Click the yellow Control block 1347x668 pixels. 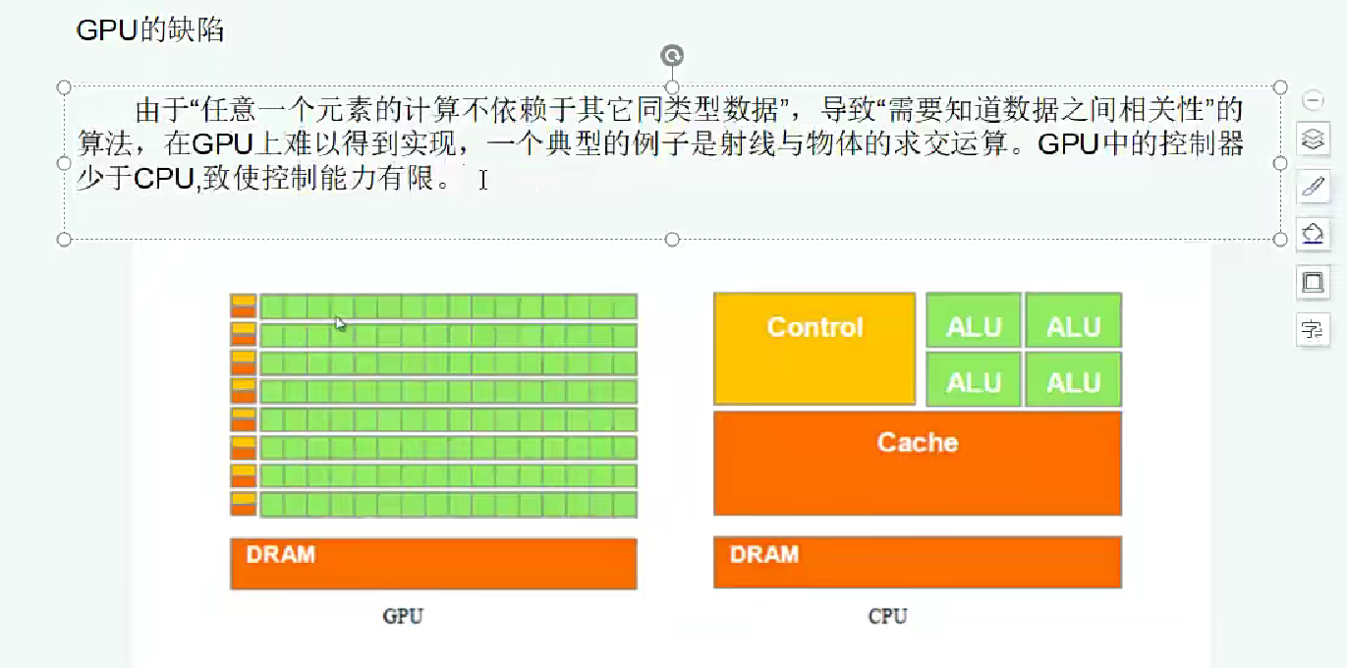tap(814, 348)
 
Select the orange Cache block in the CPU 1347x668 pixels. tap(917, 462)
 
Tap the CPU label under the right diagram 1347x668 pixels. tap(887, 617)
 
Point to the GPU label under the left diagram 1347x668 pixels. tap(403, 617)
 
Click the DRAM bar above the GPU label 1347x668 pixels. tap(433, 563)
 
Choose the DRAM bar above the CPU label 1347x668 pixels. tap(917, 562)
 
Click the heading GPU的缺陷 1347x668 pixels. tap(150, 30)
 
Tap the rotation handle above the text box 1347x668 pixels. tap(672, 56)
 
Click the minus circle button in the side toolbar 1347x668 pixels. tap(1313, 100)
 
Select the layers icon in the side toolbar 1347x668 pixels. tap(1313, 139)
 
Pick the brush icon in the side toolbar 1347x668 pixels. tap(1313, 187)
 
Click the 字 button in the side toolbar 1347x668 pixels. tap(1313, 329)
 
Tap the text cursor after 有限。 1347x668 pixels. tap(483, 180)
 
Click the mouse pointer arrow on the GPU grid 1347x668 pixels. tap(340, 323)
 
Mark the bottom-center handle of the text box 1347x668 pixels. tap(672, 240)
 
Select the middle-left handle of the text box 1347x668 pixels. tap(65, 163)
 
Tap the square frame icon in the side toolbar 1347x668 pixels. tap(1313, 282)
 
